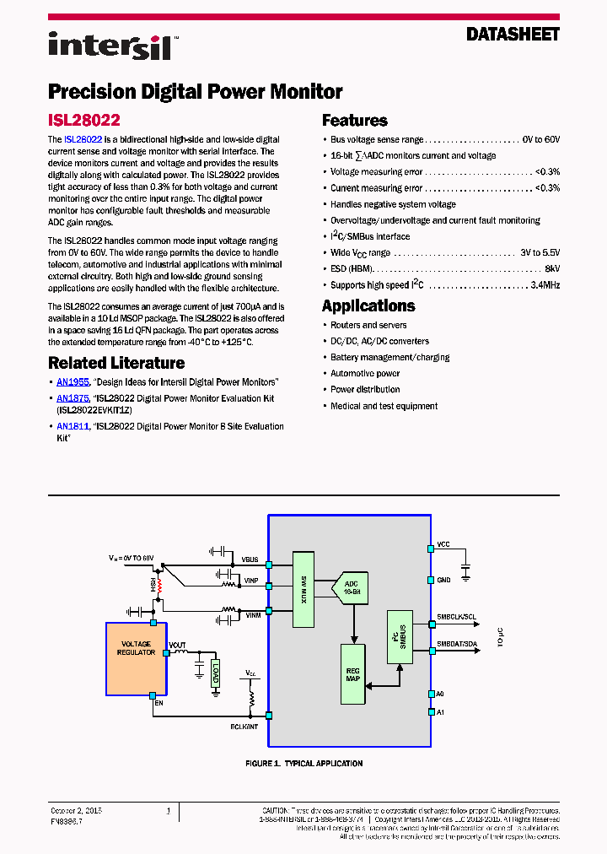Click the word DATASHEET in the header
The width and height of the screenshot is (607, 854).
513,35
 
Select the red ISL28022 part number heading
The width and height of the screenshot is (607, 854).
84,121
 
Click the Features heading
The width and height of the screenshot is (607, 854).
355,121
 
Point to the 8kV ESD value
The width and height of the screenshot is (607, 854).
551,269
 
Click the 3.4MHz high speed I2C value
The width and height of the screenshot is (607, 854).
544,285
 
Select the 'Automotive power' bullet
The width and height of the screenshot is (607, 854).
365,373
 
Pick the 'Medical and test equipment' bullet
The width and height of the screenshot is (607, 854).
384,406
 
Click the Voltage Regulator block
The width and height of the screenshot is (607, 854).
137,658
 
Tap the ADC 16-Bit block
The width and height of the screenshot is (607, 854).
352,587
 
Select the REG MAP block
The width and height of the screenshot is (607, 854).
353,673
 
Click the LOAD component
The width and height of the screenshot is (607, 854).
216,673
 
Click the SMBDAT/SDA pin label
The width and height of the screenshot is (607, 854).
456,645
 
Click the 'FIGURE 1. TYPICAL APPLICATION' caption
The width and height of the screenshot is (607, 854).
303,764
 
